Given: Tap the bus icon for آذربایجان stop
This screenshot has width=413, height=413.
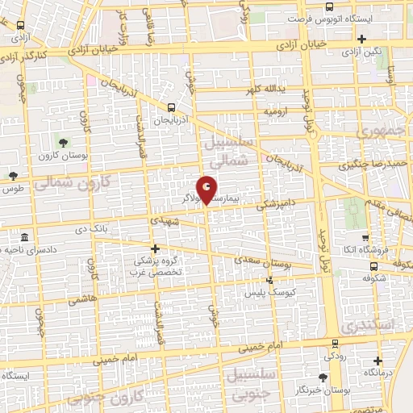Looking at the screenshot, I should pos(171,106).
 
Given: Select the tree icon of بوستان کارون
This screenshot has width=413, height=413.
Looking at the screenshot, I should pos(63,144).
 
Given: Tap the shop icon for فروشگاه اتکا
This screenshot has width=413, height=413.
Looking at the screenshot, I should pos(366,238).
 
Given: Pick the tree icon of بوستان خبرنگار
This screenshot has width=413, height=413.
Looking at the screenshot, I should pos(323,378).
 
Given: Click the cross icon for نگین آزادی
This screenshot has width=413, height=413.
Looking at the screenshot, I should pos(362,39).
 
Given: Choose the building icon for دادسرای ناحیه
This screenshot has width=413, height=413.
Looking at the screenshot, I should pos(25,239).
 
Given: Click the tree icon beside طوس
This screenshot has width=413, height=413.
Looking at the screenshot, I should pos(13,176).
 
